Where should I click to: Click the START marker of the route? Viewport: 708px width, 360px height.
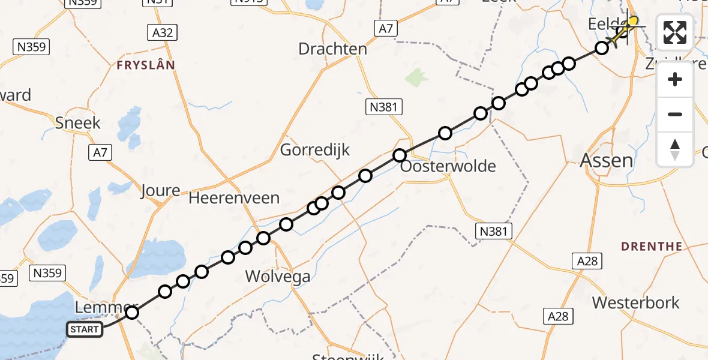tap(84, 329)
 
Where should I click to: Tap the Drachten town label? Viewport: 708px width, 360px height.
tap(332, 49)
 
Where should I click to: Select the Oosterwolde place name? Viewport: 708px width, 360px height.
tap(448, 166)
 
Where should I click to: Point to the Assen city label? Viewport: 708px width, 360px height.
tap(607, 160)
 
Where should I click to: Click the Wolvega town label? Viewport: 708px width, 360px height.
tap(278, 277)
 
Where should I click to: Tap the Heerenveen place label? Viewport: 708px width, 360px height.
tap(234, 198)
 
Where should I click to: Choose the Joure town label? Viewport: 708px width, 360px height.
tap(160, 191)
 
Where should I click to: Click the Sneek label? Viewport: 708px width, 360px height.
tap(78, 123)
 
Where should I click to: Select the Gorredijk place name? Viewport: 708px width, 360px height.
tap(315, 149)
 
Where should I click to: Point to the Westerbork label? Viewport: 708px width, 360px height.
tap(636, 302)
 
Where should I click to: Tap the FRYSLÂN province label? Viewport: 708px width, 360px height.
tap(146, 64)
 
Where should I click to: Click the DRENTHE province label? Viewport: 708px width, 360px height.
tap(652, 246)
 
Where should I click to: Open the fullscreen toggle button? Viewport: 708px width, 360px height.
tap(675, 32)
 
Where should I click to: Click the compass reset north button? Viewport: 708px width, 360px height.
tap(675, 149)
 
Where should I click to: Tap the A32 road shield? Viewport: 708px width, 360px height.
tap(163, 32)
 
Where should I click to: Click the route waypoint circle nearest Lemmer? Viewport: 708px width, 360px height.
tap(132, 312)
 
